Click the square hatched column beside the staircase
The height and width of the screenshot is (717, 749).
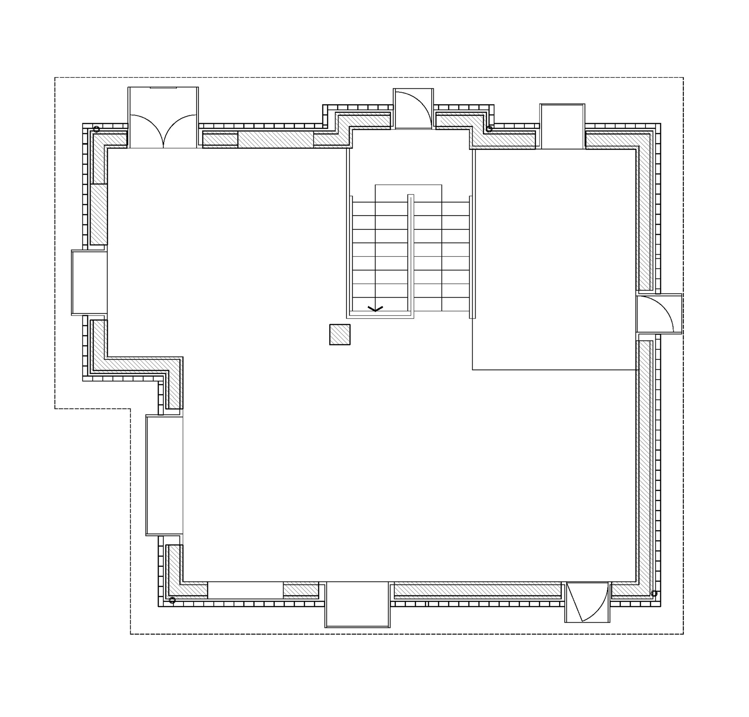pyautogui.click(x=340, y=335)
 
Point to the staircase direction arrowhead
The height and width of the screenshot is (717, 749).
pyautogui.click(x=375, y=309)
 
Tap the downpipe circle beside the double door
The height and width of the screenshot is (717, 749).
pyautogui.click(x=97, y=129)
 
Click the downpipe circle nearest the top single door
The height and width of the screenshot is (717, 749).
pyautogui.click(x=489, y=129)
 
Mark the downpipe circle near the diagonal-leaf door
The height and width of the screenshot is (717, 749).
pyautogui.click(x=654, y=593)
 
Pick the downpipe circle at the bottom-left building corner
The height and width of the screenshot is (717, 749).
pyautogui.click(x=172, y=600)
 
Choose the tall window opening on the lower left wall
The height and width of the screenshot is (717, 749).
pyautogui.click(x=164, y=475)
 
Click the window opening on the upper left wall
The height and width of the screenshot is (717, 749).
pyautogui.click(x=89, y=283)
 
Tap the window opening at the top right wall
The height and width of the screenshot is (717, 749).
pyautogui.click(x=562, y=127)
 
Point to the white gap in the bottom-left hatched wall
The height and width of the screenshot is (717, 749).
pyautogui.click(x=245, y=590)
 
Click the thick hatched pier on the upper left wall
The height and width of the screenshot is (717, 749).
pyautogui.click(x=98, y=214)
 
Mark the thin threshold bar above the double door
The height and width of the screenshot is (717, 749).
pyautogui.click(x=163, y=88)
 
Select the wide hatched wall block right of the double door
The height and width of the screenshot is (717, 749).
pyautogui.click(x=276, y=139)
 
